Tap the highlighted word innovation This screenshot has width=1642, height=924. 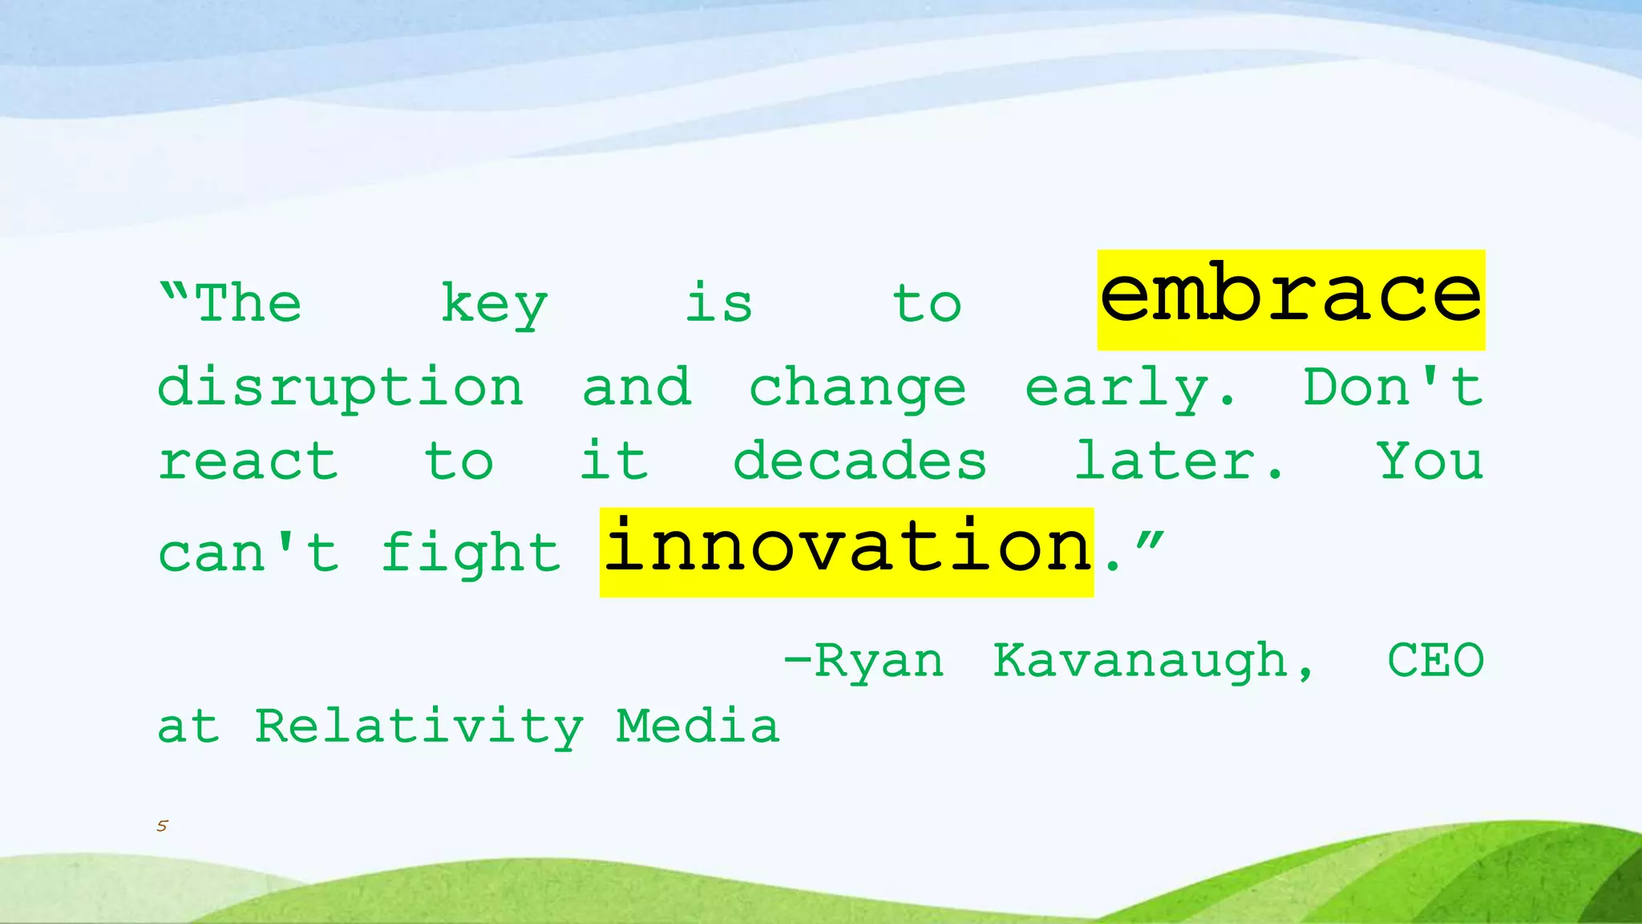click(847, 550)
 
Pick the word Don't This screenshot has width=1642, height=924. click(1393, 387)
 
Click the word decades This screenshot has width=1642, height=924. click(859, 462)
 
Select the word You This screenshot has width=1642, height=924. click(1430, 462)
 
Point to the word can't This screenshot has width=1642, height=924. click(249, 553)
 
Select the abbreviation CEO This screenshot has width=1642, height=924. click(1435, 661)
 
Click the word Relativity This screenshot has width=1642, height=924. click(419, 727)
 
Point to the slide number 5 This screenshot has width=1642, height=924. click(162, 826)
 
